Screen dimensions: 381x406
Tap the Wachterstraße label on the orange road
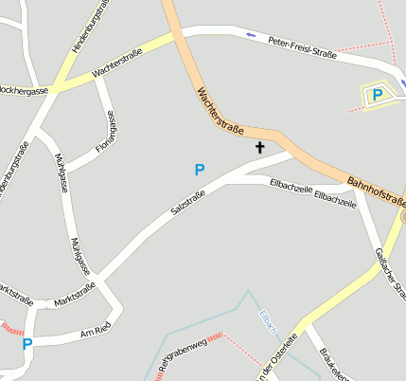[x=220, y=111]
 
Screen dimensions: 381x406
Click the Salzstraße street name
[x=188, y=207]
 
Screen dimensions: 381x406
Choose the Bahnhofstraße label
[x=376, y=190]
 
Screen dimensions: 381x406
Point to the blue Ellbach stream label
[x=267, y=321]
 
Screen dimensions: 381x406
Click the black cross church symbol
[x=259, y=147]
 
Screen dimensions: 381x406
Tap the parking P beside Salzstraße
[x=199, y=170]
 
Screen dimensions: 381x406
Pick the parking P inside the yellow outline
[x=377, y=94]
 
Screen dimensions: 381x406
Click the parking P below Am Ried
[x=27, y=345]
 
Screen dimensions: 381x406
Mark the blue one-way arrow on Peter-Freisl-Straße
[x=251, y=36]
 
